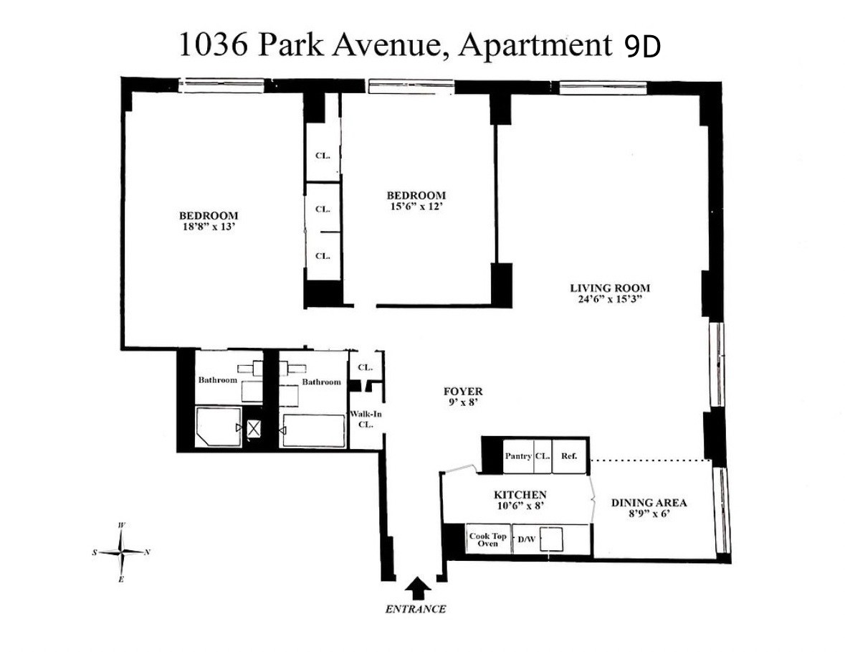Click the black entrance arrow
tap(415, 589)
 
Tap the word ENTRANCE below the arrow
tap(416, 610)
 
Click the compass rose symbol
tap(123, 552)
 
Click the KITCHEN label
tap(520, 495)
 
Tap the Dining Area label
tap(649, 503)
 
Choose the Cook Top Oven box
tap(488, 540)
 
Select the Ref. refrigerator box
tap(569, 455)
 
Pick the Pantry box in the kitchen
tap(517, 455)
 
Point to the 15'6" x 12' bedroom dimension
tap(416, 207)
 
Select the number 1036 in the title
tap(212, 45)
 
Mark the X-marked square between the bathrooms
tap(254, 429)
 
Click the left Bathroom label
tap(217, 380)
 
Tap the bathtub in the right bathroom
tap(314, 430)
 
